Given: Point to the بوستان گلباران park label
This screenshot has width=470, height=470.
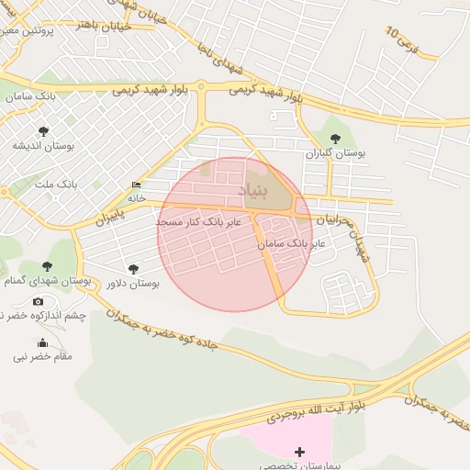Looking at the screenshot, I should pos(335,153).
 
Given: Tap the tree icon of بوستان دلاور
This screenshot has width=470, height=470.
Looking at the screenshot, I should pos(134,269).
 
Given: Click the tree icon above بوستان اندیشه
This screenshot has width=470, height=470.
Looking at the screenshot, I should pos(43,131).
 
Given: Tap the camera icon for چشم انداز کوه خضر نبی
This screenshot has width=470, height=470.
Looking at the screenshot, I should pos(38,301).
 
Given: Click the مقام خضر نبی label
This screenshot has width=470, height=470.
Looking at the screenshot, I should pos(42,356).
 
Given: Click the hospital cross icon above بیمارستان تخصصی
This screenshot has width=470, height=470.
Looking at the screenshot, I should pos(299,452).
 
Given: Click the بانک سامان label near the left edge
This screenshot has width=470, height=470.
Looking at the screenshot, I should pos(28,96).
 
